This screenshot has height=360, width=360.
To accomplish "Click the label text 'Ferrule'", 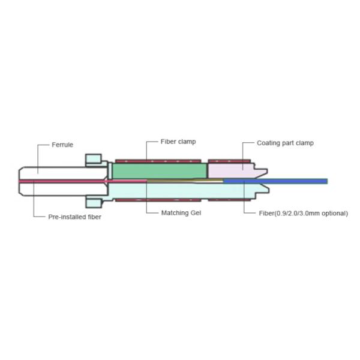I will coord(62,145).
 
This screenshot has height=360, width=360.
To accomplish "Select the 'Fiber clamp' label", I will coord(178,142).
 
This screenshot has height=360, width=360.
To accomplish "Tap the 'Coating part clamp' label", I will coord(285,143).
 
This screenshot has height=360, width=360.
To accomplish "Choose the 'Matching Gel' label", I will coord(181,213).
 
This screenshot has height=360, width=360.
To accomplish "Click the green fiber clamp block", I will coord(159,170).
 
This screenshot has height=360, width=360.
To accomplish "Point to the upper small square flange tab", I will coord(93,160).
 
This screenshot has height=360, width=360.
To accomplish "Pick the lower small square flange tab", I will coord(93,202).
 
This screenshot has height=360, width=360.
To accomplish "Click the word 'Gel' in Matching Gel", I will coord(195,213).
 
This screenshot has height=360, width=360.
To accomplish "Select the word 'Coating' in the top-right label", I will coord(268,143).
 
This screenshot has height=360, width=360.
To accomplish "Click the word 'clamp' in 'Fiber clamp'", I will coord(187,142).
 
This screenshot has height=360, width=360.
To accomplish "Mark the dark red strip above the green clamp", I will coord(158,161).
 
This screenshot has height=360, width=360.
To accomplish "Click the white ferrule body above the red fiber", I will coord(54,171).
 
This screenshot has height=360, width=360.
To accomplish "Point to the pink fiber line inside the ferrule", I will coord(60,181).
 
